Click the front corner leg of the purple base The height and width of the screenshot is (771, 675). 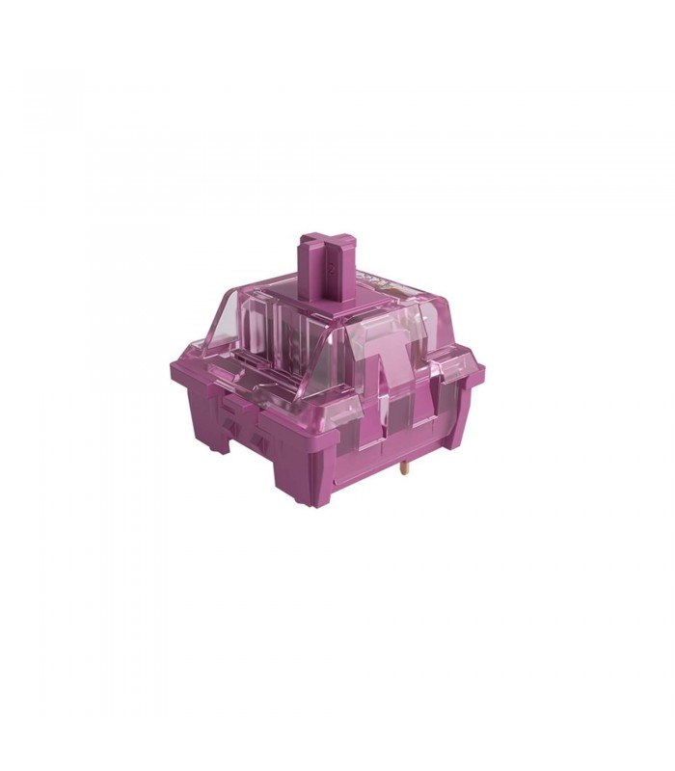point(301,477)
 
